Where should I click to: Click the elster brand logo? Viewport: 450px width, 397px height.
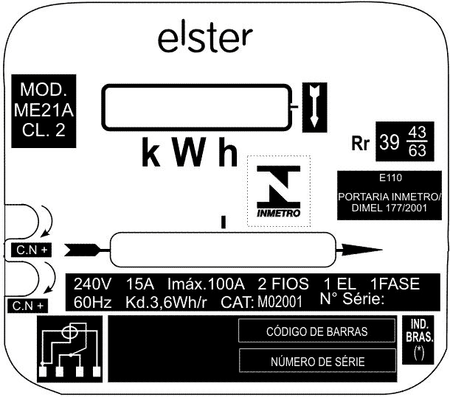(205, 39)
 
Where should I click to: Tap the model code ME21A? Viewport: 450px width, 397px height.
(44, 110)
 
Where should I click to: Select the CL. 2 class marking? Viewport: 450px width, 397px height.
(44, 130)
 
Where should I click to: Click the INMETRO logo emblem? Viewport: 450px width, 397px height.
(279, 192)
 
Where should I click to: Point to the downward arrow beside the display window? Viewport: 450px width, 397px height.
(314, 107)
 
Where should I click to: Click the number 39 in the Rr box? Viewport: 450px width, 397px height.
(390, 142)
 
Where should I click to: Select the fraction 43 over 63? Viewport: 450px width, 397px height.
(418, 141)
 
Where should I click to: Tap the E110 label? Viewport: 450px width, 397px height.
(390, 178)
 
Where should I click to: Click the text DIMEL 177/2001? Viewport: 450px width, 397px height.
(390, 208)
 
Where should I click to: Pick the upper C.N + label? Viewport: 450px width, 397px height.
(31, 250)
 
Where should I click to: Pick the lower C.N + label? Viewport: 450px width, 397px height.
(27, 306)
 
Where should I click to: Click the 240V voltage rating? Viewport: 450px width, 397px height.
(92, 284)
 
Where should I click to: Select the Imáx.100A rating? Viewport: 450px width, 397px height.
(206, 284)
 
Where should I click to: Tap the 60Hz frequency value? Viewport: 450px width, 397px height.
(92, 303)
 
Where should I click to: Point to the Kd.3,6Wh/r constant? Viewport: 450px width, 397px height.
(166, 303)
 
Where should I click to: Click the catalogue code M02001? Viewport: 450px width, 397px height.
(280, 302)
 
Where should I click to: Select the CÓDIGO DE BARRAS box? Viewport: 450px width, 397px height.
(316, 331)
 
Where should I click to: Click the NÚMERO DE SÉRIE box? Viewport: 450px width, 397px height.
(317, 361)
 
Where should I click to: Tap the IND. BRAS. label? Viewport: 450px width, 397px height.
(419, 331)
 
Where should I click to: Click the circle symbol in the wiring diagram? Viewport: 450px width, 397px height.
(70, 333)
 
